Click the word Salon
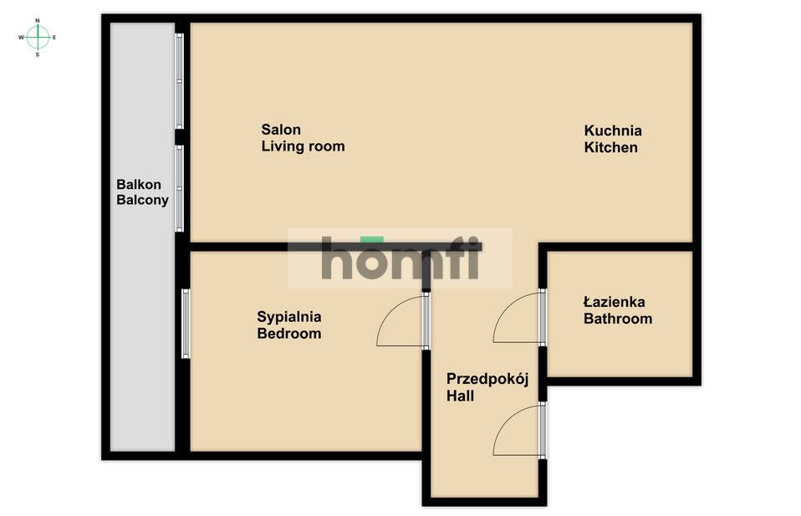[281, 130]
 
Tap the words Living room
[303, 146]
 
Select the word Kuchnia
[613, 130]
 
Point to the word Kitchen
[611, 148]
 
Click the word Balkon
[139, 185]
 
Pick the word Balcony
[142, 200]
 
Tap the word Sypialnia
[289, 317]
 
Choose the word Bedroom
[289, 334]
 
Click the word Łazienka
[614, 301]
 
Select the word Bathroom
[618, 319]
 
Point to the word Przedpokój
[487, 380]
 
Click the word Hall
[460, 396]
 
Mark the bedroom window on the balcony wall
[186, 324]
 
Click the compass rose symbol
[38, 38]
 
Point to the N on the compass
[38, 20]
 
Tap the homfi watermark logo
[400, 258]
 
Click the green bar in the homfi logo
[372, 240]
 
